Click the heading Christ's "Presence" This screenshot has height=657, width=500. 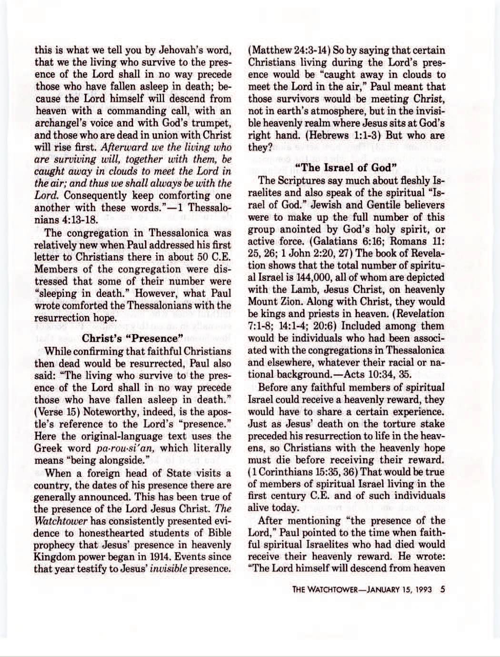tap(133, 339)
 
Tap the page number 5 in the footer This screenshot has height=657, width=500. tap(443, 589)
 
